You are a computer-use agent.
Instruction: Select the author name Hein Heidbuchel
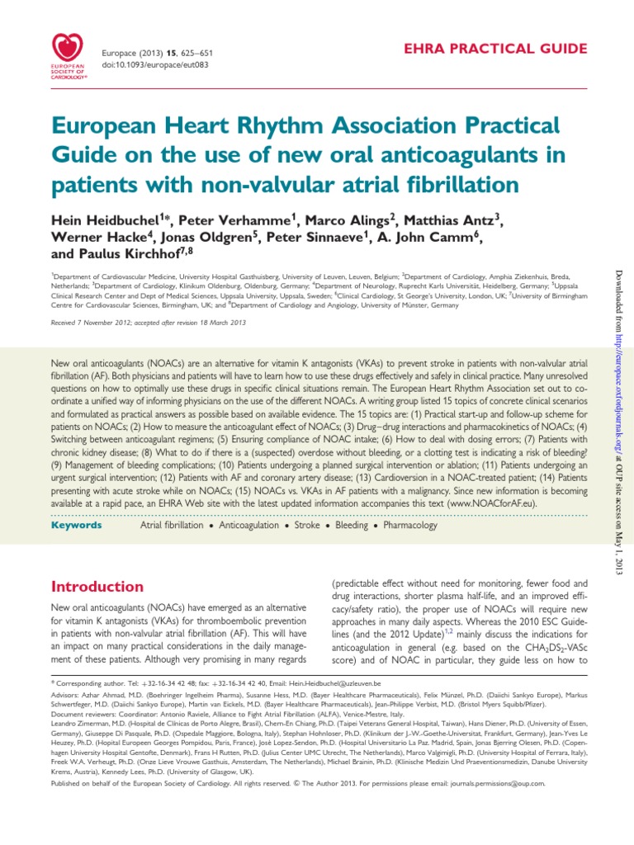(x=101, y=221)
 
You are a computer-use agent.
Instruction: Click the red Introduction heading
(x=97, y=587)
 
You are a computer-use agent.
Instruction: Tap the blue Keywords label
(x=77, y=526)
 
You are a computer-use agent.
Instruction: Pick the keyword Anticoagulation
(x=239, y=526)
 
